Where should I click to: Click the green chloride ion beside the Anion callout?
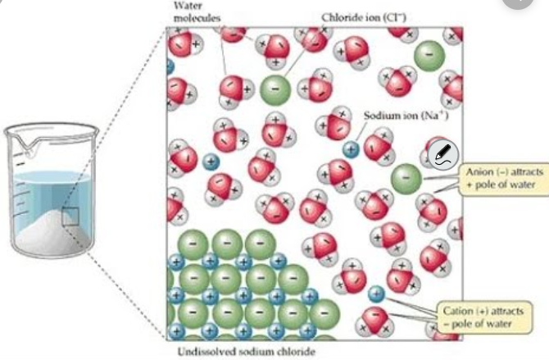click(x=405, y=179)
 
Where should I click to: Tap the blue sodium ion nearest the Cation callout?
click(x=376, y=293)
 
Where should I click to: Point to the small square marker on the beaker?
click(x=70, y=216)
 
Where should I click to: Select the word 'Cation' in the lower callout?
click(x=458, y=312)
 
